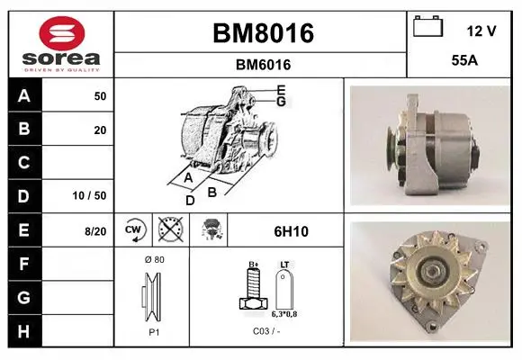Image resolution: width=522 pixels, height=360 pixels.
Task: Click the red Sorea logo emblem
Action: (x=62, y=33)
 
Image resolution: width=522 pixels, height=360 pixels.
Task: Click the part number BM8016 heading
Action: (x=263, y=33)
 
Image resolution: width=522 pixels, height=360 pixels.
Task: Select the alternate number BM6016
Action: (x=263, y=65)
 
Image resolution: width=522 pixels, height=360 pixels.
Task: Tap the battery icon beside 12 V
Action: (x=427, y=26)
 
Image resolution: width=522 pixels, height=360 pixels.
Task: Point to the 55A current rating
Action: (x=464, y=60)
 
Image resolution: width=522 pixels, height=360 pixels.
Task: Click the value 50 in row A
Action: (x=100, y=96)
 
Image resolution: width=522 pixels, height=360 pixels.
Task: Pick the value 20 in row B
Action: (x=100, y=130)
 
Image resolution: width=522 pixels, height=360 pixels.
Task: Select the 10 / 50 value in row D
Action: (x=89, y=195)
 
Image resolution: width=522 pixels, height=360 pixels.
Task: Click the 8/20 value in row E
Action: (x=95, y=231)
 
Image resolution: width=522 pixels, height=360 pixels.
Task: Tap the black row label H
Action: (x=24, y=331)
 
